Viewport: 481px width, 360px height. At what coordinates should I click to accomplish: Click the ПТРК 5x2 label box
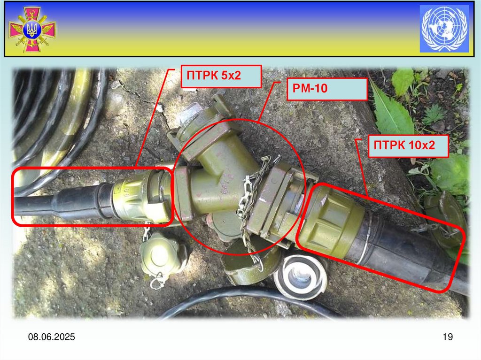(221, 77)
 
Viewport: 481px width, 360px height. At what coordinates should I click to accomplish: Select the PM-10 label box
(327, 89)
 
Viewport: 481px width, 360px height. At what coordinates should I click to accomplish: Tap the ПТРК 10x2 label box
(408, 146)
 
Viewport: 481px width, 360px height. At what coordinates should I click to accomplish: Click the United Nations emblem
(444, 29)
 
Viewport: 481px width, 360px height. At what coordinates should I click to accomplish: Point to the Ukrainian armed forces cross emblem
(32, 30)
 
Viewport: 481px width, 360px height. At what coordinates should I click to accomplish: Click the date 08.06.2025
(52, 337)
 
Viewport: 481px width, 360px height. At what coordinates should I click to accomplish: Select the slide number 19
(448, 337)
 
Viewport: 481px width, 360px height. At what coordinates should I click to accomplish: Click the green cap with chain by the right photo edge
(445, 218)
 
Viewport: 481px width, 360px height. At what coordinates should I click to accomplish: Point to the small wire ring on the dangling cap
(157, 282)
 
